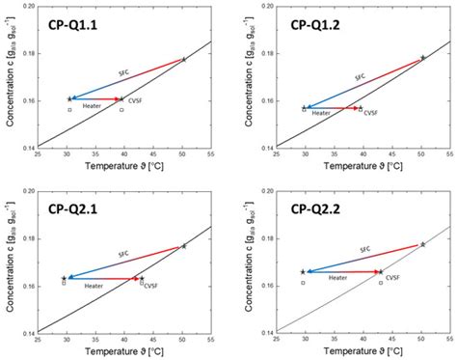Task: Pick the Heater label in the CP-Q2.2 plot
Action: click(x=336, y=278)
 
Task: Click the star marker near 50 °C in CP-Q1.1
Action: click(x=183, y=60)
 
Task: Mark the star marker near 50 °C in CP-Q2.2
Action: click(x=422, y=244)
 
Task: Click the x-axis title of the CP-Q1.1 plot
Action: click(x=122, y=167)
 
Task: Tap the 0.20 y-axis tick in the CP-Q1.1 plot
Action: click(x=28, y=8)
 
